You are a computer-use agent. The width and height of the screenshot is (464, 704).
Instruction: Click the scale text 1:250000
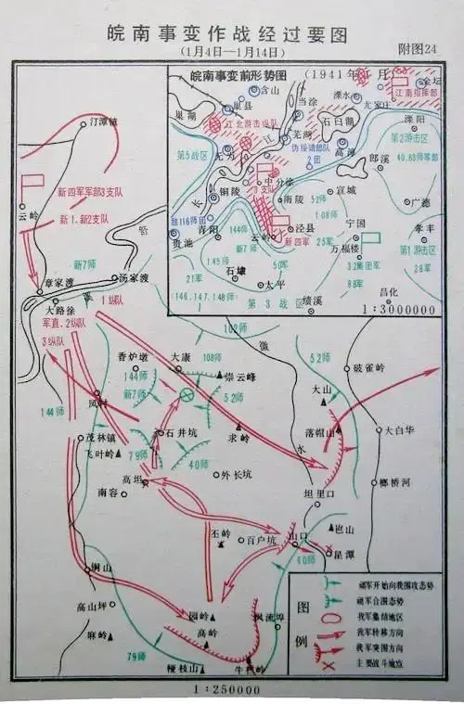[x=228, y=689]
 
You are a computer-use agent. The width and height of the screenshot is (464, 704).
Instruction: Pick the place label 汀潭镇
[x=101, y=122]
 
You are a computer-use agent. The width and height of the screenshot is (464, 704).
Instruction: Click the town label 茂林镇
[x=98, y=436]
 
